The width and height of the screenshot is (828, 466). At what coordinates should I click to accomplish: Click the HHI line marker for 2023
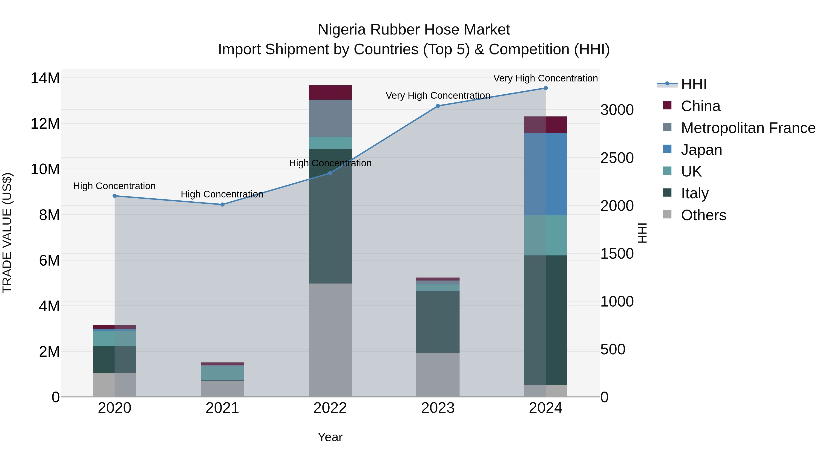(x=438, y=106)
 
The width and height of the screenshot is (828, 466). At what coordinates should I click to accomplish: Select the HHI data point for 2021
(x=222, y=205)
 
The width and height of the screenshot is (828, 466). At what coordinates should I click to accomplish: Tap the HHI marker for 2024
(x=546, y=88)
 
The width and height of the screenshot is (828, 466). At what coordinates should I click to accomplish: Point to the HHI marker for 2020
(x=115, y=196)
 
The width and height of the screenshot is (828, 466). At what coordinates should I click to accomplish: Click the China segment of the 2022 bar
(x=330, y=93)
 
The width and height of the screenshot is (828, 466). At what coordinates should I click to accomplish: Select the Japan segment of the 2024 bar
(x=546, y=174)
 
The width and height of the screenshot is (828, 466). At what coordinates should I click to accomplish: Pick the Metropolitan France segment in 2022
(x=330, y=118)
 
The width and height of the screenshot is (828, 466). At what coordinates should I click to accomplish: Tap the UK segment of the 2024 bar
(x=546, y=235)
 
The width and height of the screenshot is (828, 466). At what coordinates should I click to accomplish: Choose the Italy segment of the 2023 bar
(x=438, y=322)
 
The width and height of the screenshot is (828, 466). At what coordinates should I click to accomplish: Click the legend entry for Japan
(x=701, y=150)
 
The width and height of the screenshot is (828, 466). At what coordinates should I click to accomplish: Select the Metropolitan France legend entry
(x=748, y=128)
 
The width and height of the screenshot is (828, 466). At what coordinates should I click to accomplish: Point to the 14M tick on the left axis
(x=45, y=78)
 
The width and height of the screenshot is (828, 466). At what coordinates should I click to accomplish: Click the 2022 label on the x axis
(x=330, y=408)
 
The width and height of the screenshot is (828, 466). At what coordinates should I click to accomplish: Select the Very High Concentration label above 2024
(x=546, y=78)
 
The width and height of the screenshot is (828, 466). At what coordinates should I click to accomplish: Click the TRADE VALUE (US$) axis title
(x=7, y=233)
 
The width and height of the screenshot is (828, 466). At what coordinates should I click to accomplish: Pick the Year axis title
(x=330, y=437)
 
